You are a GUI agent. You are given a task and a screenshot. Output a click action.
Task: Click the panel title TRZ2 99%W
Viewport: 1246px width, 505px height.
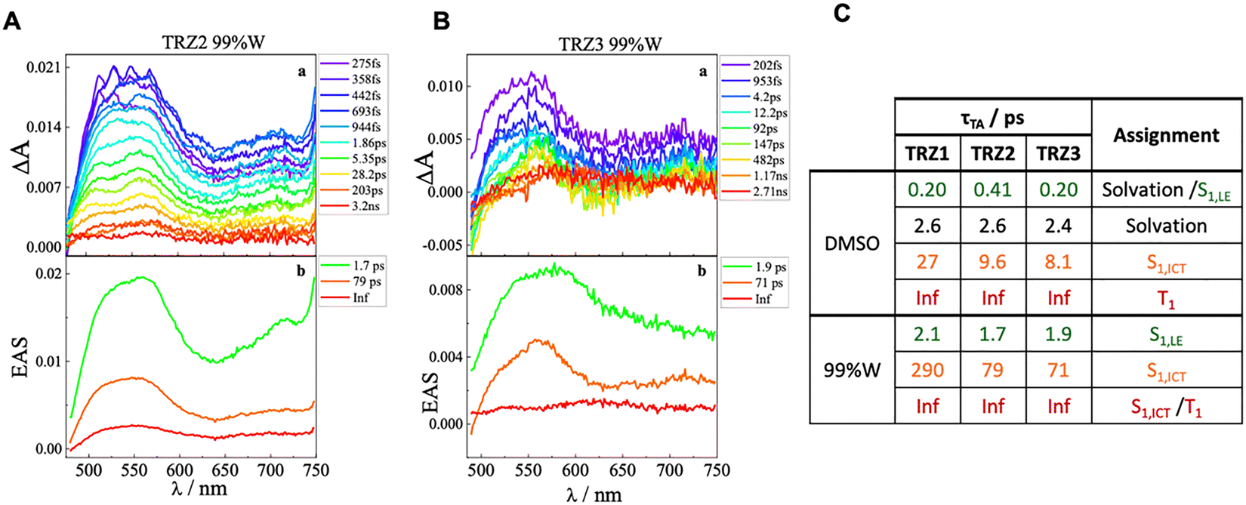214,42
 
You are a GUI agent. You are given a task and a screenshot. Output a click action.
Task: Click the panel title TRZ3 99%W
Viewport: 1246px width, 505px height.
610,44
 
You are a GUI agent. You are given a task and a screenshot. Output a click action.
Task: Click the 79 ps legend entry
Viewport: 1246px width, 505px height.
365,282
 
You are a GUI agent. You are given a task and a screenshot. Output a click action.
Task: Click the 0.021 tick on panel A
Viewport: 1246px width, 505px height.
43,67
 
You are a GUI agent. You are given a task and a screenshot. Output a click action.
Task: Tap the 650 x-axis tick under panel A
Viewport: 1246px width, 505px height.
225,470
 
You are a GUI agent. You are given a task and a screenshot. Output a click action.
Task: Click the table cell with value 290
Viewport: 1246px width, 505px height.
927,370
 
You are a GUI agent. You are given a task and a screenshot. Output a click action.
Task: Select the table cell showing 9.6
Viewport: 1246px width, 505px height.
993,262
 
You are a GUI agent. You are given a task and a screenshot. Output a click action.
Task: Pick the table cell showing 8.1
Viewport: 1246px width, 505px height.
1058,262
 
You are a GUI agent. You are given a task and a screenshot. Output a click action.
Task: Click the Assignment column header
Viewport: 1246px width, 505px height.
1166,135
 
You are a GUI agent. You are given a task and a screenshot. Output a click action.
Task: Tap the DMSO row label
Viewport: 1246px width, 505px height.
852,244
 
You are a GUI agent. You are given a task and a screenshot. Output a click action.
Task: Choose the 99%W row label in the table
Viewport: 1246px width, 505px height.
852,370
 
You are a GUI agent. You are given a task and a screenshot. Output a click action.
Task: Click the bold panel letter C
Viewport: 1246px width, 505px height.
842,14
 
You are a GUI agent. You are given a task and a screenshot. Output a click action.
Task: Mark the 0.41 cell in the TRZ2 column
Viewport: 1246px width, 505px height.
993,189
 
